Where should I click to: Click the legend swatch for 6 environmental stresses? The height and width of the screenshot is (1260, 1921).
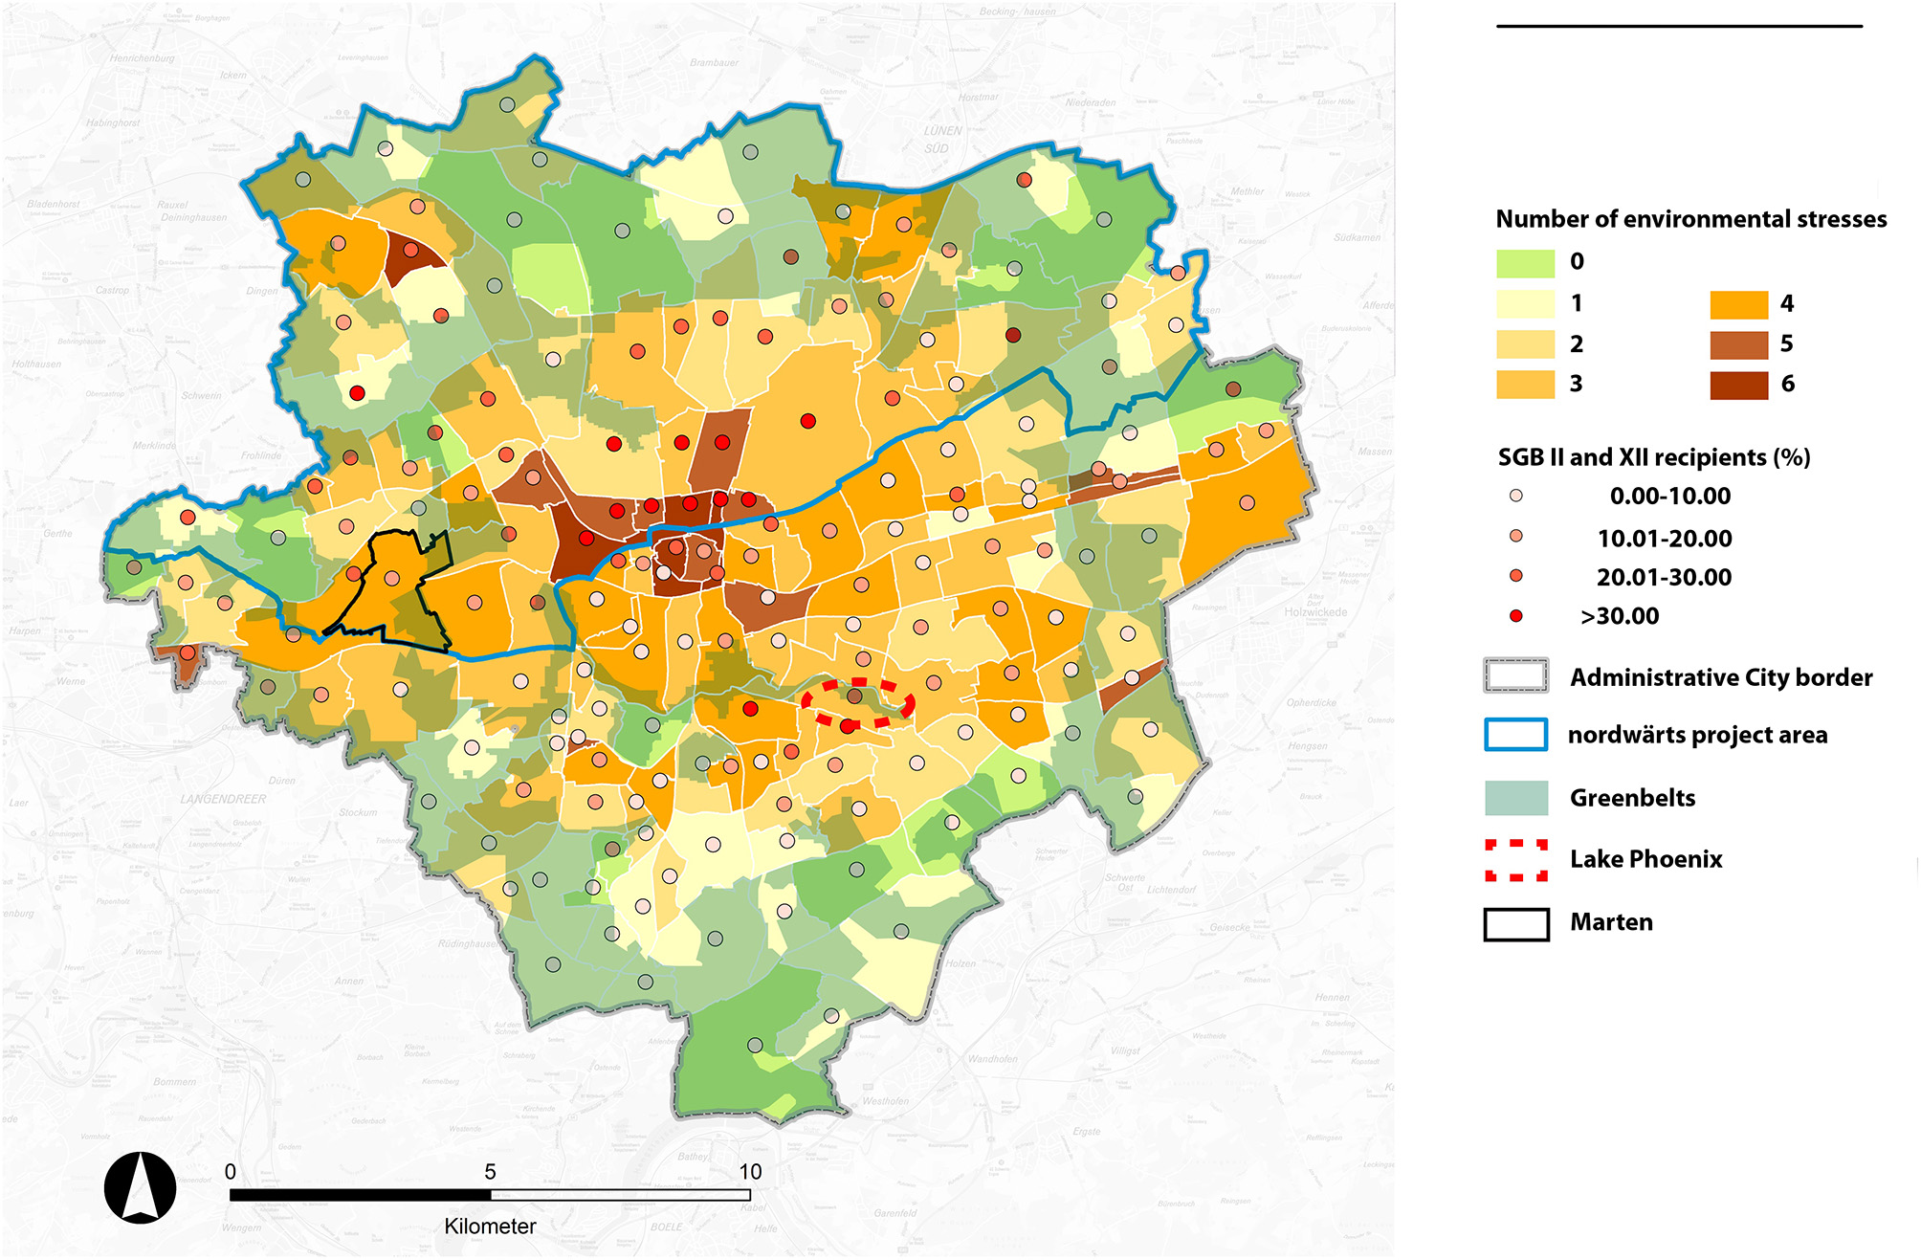(x=1738, y=385)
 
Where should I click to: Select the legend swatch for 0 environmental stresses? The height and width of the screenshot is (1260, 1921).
(x=1525, y=262)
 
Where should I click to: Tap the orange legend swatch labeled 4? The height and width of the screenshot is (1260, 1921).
(x=1738, y=304)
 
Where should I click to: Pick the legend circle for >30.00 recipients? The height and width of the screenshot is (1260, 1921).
(x=1515, y=616)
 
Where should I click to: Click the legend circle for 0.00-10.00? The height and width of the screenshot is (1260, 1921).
(x=1515, y=496)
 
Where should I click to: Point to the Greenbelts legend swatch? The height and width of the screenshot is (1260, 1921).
(x=1516, y=798)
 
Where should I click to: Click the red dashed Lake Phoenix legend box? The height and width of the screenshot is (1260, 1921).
(x=1516, y=859)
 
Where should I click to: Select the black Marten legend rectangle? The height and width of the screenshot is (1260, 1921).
(x=1516, y=923)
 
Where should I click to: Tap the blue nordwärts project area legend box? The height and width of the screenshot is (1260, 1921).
(x=1516, y=735)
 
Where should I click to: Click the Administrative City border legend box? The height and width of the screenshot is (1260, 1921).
(x=1516, y=676)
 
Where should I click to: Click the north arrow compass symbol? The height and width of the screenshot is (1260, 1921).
(x=140, y=1187)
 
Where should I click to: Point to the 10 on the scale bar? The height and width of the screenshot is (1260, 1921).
(x=750, y=1172)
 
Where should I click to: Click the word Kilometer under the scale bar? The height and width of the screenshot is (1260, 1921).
(x=490, y=1227)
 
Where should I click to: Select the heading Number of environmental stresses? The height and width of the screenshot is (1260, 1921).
(x=1690, y=219)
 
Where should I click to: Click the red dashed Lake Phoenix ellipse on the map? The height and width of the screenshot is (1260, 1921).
(x=858, y=703)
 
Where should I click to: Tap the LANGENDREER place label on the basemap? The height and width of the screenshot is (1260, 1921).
(x=223, y=799)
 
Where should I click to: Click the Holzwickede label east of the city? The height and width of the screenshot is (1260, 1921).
(x=1315, y=612)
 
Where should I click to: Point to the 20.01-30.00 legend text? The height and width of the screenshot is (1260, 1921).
(x=1664, y=577)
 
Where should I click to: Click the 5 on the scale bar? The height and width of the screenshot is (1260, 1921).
(x=490, y=1172)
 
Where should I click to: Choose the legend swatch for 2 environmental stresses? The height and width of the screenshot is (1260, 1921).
(x=1525, y=344)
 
